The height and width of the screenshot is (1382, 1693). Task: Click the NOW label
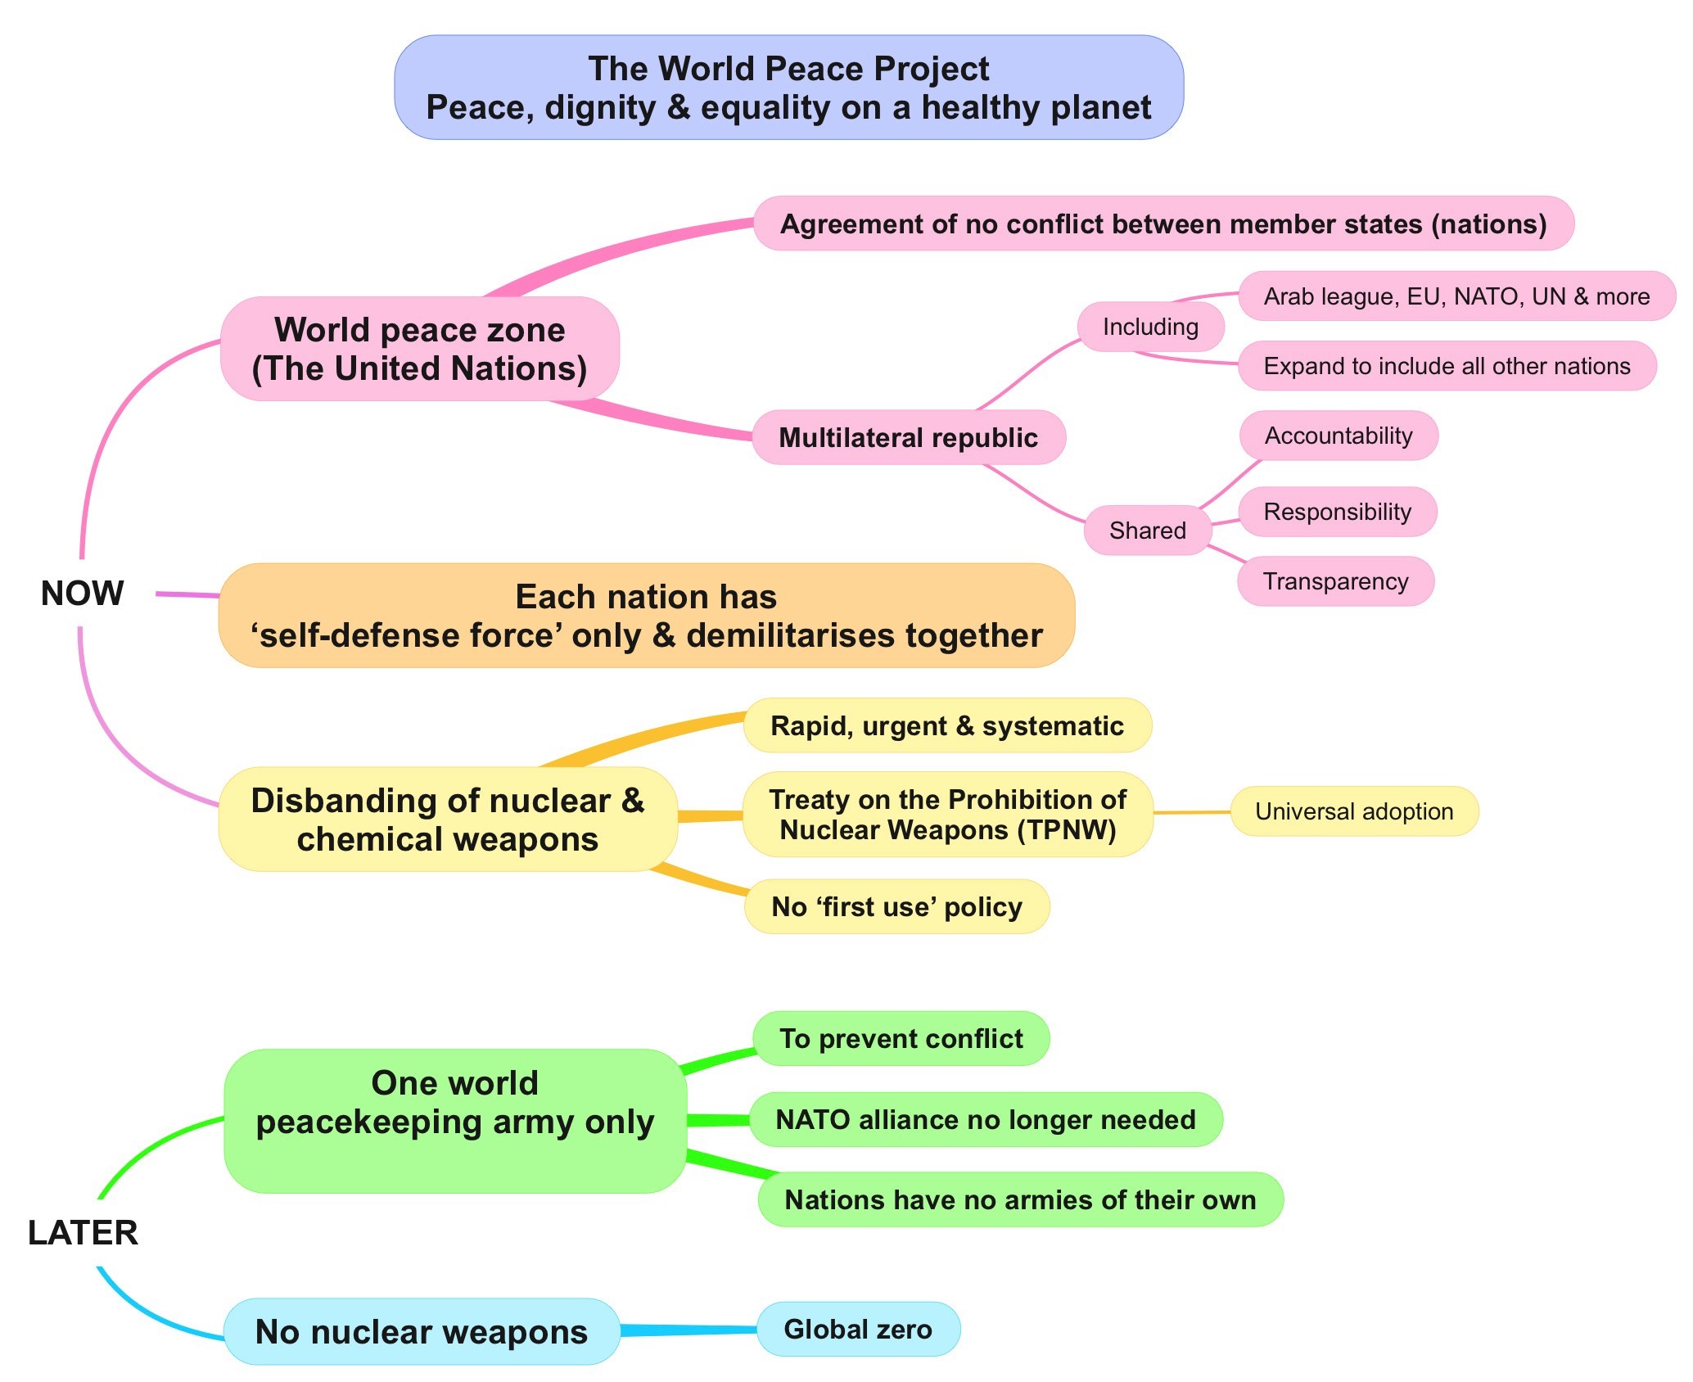point(82,594)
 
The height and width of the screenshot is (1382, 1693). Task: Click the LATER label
point(83,1233)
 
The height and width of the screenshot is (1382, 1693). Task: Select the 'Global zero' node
point(858,1329)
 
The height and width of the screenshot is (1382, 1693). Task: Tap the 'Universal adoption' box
point(1354,811)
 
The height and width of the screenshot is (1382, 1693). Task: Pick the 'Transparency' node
point(1335,581)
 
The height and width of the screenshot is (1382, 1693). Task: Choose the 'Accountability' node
point(1339,436)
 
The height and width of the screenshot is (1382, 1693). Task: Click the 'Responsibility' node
point(1338,512)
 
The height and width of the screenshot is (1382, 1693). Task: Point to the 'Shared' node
point(1147,531)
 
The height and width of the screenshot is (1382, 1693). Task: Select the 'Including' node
point(1150,327)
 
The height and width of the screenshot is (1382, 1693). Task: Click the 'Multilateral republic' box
point(908,438)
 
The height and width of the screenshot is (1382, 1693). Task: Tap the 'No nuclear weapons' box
point(421,1332)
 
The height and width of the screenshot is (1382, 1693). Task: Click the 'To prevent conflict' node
point(901,1038)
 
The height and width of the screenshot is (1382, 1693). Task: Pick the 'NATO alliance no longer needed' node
point(986,1119)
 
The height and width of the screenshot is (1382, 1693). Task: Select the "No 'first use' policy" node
point(896,907)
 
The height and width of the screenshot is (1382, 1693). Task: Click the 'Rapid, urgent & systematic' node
point(946,725)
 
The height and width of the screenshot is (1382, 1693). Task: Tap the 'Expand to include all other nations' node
point(1447,366)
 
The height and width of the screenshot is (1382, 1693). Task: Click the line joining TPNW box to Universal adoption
point(1192,812)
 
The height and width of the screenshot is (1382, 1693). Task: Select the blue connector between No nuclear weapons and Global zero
point(688,1330)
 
